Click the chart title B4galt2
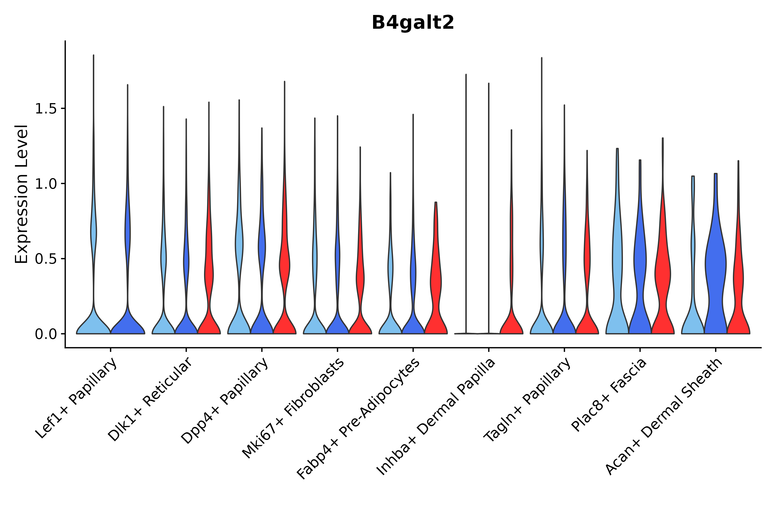tap(412, 23)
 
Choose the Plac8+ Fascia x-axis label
tap(609, 395)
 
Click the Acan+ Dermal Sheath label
tap(664, 416)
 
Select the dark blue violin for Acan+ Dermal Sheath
tap(715, 264)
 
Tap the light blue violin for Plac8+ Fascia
tap(617, 264)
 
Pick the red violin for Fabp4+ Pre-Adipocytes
tap(436, 280)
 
